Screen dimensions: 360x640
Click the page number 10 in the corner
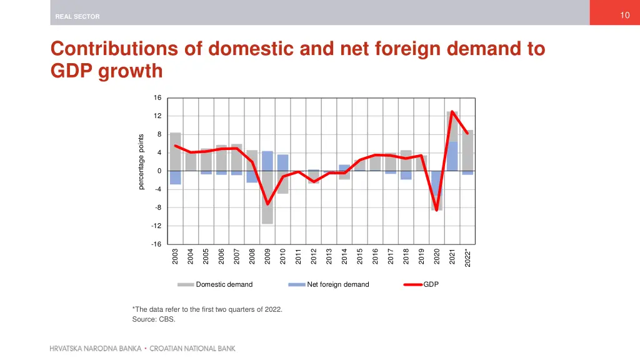[x=624, y=15]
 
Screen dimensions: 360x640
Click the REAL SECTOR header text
[x=77, y=17]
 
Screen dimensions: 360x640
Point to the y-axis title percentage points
[x=141, y=162]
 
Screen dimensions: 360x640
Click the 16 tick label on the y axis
[x=157, y=98]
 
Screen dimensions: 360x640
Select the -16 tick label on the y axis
[x=156, y=244]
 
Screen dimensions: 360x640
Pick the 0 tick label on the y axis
[x=159, y=171]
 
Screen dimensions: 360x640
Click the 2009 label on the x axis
[x=267, y=256]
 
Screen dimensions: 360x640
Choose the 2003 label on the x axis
[x=176, y=256]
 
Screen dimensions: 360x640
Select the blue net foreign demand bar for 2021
[x=452, y=156]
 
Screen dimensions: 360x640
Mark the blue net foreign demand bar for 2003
[x=176, y=177]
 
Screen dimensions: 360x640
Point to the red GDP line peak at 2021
[x=452, y=112]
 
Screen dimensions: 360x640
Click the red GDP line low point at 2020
[x=437, y=210]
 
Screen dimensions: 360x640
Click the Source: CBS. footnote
[x=154, y=319]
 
